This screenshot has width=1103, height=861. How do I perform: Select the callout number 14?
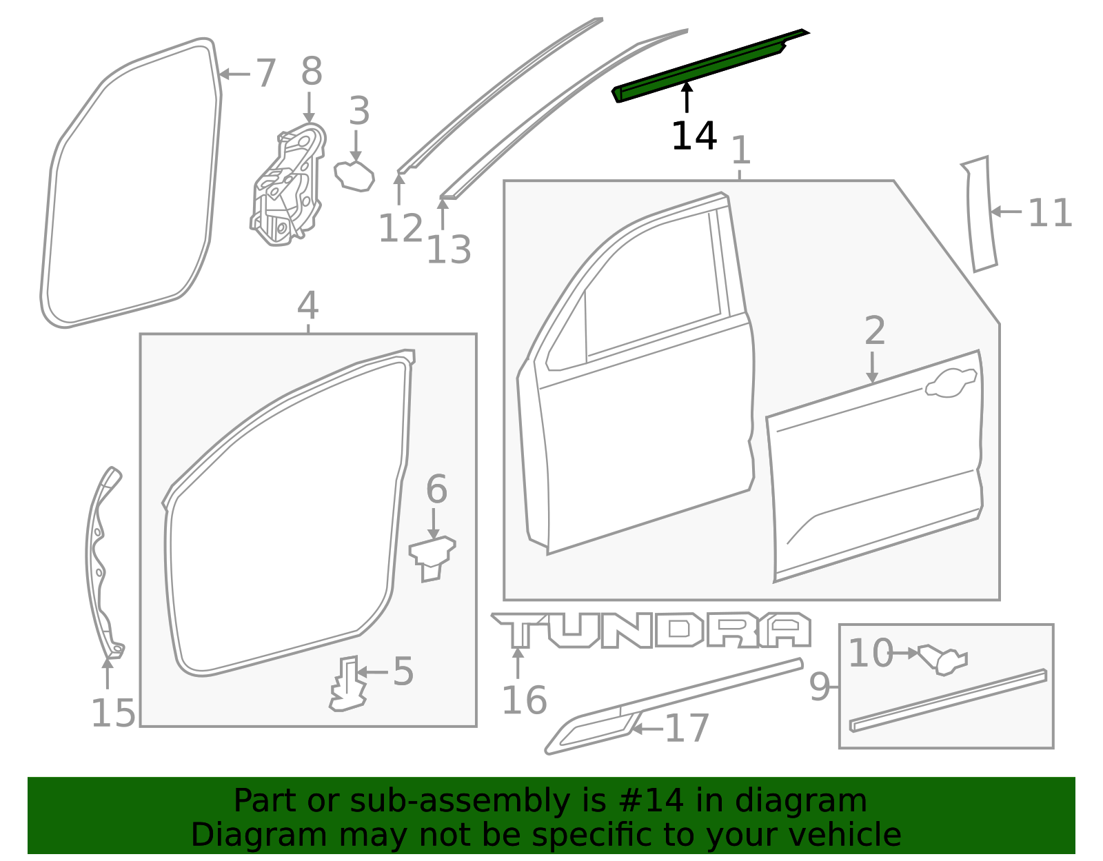coord(694,136)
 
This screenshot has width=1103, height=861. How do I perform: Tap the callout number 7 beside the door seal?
coord(265,73)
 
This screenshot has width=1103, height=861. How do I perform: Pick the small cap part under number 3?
coord(354,176)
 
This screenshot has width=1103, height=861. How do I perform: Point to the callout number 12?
coord(400,228)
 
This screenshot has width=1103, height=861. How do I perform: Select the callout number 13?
coord(449,250)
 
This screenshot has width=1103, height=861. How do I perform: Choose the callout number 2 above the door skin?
coord(874,331)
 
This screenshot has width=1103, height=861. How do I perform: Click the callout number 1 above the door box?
coord(740,150)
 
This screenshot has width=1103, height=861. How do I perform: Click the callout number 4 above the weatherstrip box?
coord(307,305)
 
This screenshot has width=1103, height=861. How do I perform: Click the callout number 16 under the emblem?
coord(524,700)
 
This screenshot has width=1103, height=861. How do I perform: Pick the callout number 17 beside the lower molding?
coord(687,728)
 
